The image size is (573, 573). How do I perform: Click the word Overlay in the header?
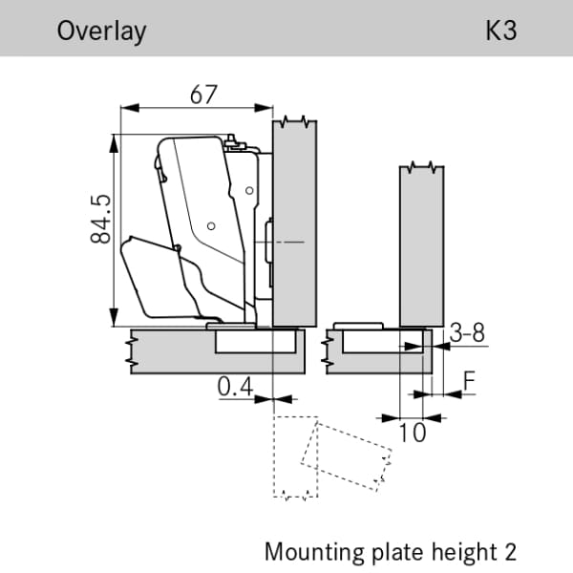pyautogui.click(x=101, y=31)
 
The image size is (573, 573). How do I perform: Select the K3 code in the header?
pyautogui.click(x=500, y=31)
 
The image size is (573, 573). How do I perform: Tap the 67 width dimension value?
pyautogui.click(x=204, y=95)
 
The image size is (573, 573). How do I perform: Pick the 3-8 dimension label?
pyautogui.click(x=467, y=332)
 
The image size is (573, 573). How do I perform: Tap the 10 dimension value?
pyautogui.click(x=413, y=433)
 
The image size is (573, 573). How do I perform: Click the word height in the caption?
pyautogui.click(x=458, y=552)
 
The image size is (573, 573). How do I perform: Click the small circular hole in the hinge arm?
pyautogui.click(x=211, y=227)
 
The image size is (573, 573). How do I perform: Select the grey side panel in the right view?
pyautogui.click(x=422, y=244)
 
